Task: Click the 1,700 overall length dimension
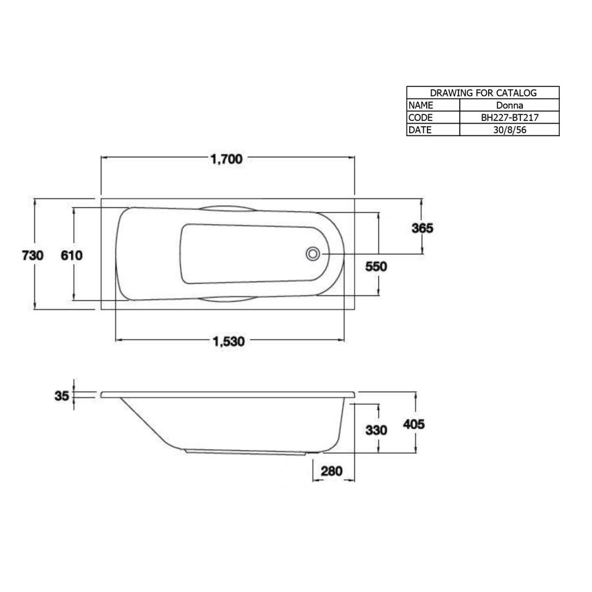228,159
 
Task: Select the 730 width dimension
32,255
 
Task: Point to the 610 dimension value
72,255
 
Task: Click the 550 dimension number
377,266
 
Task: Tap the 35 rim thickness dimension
62,396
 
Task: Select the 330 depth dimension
377,430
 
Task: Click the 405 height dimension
414,425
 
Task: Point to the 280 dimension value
332,471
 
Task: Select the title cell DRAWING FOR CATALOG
483,93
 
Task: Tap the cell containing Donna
508,105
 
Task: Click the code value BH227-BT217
508,117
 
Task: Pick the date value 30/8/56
508,130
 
